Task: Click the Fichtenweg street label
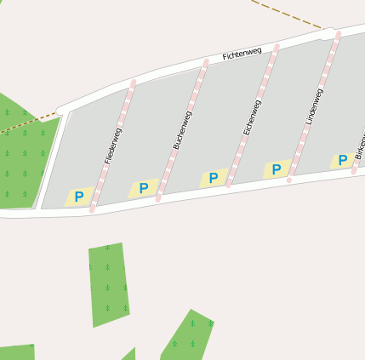click(242, 54)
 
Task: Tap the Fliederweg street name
click(113, 145)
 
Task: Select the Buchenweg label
click(182, 130)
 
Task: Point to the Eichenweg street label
click(252, 117)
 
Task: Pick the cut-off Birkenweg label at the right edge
click(359, 145)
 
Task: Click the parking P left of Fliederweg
click(79, 197)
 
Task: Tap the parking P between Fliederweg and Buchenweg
click(144, 188)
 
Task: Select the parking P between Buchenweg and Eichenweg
click(214, 178)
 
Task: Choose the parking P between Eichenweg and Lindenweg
click(277, 169)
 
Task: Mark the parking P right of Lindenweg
click(343, 160)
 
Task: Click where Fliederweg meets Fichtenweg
click(134, 82)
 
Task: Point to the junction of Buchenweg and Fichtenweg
click(205, 62)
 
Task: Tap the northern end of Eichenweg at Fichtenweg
click(277, 46)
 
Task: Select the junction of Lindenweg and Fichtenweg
click(338, 35)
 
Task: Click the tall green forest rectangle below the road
click(108, 283)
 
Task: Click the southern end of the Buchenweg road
click(159, 199)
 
